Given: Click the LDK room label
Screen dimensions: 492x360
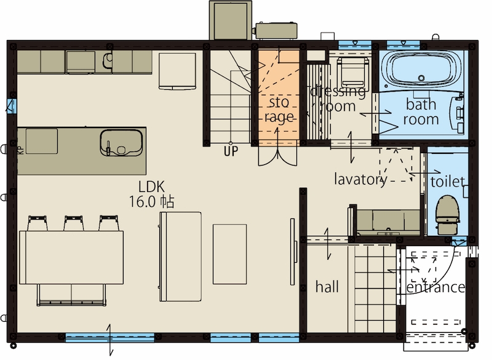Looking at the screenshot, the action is click(x=151, y=186).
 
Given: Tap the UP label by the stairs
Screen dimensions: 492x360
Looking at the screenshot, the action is click(x=231, y=151).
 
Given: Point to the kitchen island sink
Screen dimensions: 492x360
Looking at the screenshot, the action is click(x=121, y=143).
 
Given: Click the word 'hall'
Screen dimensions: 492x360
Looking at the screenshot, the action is click(x=327, y=287).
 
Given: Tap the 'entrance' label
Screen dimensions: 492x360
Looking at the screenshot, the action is click(x=436, y=287).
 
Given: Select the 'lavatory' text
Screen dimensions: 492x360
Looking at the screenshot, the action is click(x=361, y=179).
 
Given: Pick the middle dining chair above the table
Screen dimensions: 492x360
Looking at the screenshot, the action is click(x=73, y=223).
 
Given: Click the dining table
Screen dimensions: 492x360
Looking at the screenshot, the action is click(x=71, y=257).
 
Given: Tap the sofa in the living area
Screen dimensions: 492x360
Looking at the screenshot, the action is click(x=180, y=257).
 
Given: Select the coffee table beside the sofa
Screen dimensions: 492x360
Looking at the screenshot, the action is click(x=229, y=254).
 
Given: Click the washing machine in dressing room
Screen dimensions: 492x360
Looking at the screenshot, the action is click(x=352, y=72).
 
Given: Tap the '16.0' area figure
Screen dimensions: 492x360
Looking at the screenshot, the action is click(x=141, y=202).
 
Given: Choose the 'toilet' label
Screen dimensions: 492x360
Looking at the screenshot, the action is click(x=448, y=182).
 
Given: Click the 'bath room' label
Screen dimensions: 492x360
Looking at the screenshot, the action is click(x=421, y=112).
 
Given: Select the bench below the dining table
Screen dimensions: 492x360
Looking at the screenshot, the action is click(x=71, y=295).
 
